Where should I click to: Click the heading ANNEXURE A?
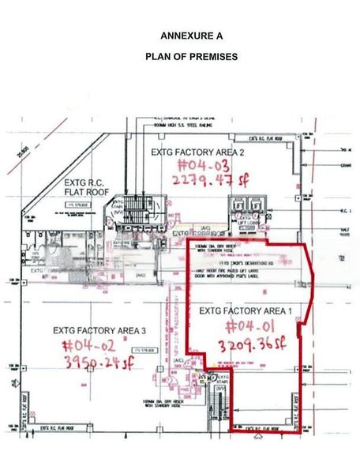(x=180, y=36)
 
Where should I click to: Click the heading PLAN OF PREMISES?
(x=180, y=57)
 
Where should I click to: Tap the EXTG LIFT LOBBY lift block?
(x=245, y=214)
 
